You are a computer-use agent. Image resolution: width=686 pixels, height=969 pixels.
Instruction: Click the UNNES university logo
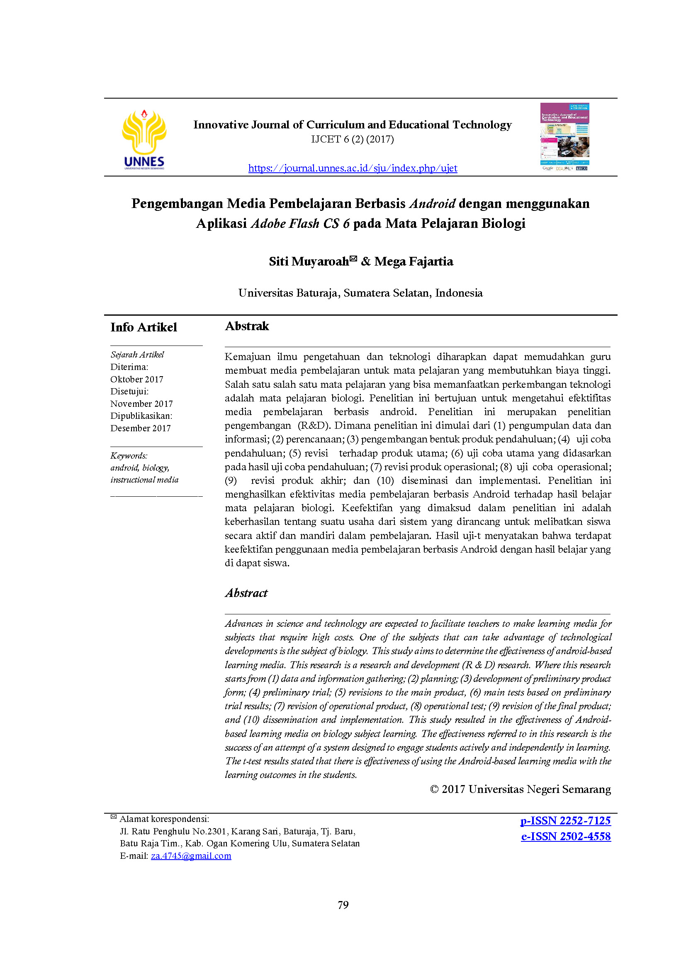point(144,139)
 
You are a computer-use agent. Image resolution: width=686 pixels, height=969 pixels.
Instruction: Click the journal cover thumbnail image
point(565,137)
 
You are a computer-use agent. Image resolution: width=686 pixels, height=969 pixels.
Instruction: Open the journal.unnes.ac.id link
point(352,168)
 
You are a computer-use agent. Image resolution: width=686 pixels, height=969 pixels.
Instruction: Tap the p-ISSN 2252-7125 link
point(565,820)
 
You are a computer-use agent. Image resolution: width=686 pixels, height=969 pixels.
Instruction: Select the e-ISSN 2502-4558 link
point(566,836)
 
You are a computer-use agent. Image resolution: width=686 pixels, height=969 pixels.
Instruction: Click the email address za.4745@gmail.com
point(191,855)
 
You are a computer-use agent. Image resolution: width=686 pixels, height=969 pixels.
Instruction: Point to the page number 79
point(343,905)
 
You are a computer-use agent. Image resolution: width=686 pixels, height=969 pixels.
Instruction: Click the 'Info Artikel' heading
point(144,327)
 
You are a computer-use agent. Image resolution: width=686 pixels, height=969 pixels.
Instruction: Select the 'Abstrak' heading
point(247,326)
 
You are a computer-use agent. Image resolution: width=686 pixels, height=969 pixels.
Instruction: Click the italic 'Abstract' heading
point(246,593)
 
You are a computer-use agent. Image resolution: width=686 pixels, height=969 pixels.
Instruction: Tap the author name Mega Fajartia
point(414,262)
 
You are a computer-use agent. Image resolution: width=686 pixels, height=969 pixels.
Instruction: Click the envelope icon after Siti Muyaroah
point(353,259)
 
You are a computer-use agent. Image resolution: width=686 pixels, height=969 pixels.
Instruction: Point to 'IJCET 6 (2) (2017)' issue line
point(352,139)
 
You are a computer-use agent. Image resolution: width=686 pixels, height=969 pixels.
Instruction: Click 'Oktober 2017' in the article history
point(136,379)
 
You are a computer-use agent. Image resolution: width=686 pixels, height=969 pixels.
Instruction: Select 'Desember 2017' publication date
point(140,428)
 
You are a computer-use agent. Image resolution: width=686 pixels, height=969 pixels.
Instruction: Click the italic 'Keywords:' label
point(129,456)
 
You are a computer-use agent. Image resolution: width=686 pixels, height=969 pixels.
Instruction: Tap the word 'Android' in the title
point(432,203)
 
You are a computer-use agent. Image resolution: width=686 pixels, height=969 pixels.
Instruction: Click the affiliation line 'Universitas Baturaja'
point(360,293)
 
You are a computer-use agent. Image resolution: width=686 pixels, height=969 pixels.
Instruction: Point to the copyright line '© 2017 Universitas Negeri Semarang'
point(520,789)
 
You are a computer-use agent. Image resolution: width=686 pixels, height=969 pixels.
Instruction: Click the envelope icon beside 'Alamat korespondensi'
point(114,817)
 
